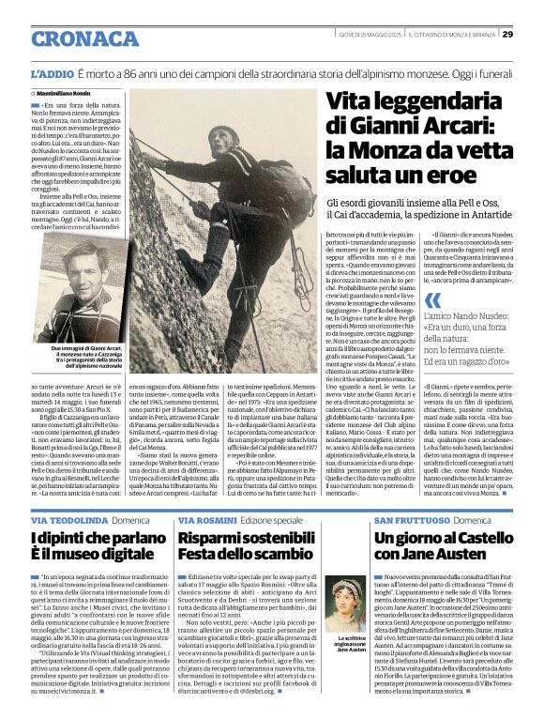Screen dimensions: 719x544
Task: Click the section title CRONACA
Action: (84, 38)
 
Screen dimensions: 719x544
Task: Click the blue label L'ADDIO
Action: (51, 72)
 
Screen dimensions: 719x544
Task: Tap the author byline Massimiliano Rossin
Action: (68, 94)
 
